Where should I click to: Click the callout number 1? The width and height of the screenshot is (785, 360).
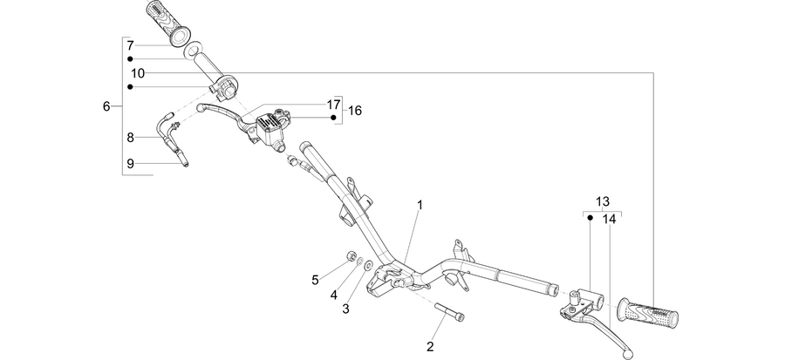click(x=420, y=205)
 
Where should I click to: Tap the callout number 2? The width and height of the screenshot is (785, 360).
click(x=430, y=346)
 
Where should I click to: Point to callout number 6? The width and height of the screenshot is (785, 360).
click(x=106, y=106)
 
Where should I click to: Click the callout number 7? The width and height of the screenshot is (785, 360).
click(x=130, y=45)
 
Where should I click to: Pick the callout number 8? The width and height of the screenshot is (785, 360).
click(x=130, y=138)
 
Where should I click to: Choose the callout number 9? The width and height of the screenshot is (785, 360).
click(x=130, y=164)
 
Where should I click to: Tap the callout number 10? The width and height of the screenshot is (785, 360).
click(x=138, y=73)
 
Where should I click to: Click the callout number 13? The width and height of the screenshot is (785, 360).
click(x=603, y=201)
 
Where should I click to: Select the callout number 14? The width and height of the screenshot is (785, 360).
click(x=610, y=219)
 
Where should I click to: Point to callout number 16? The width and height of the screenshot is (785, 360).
click(x=354, y=111)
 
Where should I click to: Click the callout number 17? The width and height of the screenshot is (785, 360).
click(x=333, y=105)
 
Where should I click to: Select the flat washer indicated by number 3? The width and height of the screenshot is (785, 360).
click(x=369, y=264)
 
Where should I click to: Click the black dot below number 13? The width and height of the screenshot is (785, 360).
click(x=590, y=218)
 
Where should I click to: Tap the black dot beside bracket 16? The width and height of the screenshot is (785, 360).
click(x=333, y=118)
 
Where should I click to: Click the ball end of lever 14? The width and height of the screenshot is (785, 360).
click(x=626, y=356)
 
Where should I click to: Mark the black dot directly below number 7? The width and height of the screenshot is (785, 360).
click(x=130, y=58)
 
